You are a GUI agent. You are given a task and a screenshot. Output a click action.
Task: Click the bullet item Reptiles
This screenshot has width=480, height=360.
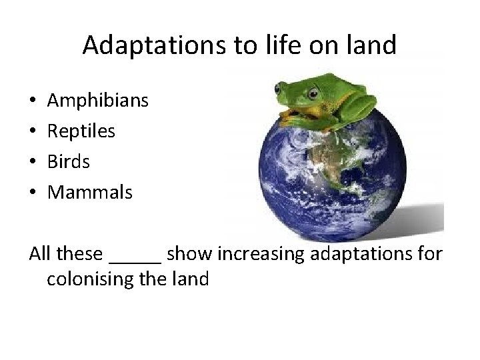82,131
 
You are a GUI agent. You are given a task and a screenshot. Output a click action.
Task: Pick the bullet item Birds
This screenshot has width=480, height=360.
70,162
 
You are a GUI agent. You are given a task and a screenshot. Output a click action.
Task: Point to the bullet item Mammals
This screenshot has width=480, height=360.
91,193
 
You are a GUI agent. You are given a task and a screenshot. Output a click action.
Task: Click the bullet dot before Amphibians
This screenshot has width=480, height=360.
33,101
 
